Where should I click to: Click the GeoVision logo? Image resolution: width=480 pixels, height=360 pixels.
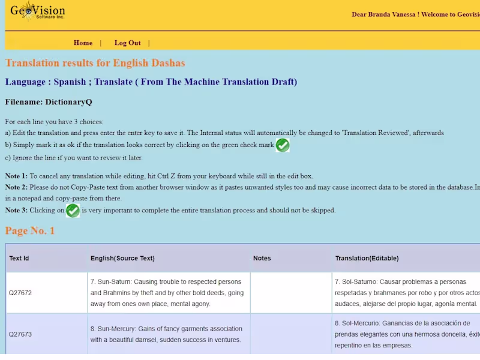37,11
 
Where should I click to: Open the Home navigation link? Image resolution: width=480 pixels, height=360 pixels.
83,43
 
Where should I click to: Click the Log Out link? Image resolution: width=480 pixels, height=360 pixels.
128,43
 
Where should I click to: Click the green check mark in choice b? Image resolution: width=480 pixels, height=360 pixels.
283,145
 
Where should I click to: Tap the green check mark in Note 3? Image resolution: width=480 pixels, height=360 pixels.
73,211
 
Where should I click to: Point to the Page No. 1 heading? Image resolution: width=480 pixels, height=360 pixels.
29,230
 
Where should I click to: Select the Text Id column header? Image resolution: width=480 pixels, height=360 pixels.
19,259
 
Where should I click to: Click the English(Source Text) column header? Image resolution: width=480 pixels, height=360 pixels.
122,259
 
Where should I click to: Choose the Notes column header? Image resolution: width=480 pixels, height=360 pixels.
262,259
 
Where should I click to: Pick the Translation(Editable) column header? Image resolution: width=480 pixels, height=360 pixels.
367,259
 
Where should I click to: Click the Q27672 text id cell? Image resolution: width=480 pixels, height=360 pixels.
20,293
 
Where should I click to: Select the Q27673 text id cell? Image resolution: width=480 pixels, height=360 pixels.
20,334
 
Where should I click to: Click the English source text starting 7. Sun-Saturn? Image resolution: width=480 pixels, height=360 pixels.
167,293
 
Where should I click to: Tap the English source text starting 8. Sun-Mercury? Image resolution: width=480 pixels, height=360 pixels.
167,334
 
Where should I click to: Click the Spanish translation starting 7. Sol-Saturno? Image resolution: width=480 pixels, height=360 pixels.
407,293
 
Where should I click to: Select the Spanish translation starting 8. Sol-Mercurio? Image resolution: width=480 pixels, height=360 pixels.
407,334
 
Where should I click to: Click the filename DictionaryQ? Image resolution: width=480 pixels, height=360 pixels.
68,102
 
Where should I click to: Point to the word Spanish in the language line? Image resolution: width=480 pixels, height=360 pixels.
70,82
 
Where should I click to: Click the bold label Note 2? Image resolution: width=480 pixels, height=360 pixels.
16,187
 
